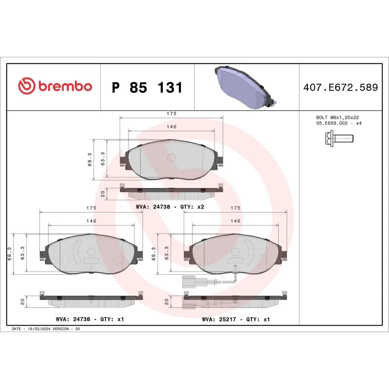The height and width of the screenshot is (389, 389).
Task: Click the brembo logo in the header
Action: pyautogui.click(x=55, y=87)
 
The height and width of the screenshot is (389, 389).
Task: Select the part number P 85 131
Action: pyautogui.click(x=147, y=88)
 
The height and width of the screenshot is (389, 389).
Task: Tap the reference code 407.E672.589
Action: pyautogui.click(x=340, y=88)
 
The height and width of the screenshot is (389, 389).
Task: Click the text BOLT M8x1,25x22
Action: pyautogui.click(x=337, y=118)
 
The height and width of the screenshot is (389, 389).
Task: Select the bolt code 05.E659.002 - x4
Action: pyautogui.click(x=339, y=124)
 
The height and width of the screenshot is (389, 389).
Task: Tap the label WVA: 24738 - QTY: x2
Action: pyautogui.click(x=169, y=206)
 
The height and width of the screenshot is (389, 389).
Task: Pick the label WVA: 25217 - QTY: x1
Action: pyautogui.click(x=236, y=319)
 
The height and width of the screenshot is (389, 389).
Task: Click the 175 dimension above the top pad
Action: pyautogui.click(x=171, y=113)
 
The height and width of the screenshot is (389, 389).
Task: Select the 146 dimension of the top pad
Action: pyautogui.click(x=171, y=126)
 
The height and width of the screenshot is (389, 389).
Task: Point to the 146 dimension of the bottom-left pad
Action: pyautogui.click(x=91, y=221)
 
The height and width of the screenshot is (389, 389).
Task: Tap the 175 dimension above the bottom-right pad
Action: pyautogui.click(x=235, y=208)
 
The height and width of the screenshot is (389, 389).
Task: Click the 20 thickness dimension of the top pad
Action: pyautogui.click(x=103, y=193)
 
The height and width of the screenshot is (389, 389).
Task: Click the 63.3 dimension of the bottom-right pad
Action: pyautogui.click(x=167, y=253)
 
